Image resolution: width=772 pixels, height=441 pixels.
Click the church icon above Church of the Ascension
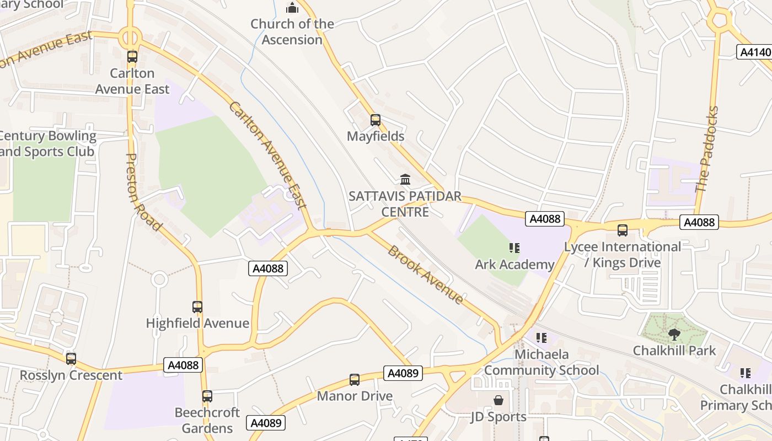(x=292, y=8)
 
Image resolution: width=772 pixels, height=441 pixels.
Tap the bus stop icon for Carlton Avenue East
(x=132, y=56)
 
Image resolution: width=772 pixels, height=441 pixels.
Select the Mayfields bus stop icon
(x=376, y=120)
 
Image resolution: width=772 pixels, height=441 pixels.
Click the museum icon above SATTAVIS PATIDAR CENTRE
(x=405, y=179)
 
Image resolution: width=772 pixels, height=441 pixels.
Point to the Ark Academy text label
(x=514, y=265)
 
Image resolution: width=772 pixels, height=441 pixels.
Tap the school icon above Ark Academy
(x=514, y=248)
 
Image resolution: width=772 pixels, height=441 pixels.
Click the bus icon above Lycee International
(x=623, y=230)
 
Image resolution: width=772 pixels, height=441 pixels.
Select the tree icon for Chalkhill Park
(x=674, y=334)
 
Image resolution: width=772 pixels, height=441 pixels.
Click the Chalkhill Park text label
(x=674, y=351)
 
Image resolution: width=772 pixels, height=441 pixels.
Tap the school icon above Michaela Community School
(x=541, y=337)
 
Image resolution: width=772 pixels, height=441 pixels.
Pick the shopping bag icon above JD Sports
(x=498, y=400)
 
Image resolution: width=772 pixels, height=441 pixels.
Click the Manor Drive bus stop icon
(x=355, y=380)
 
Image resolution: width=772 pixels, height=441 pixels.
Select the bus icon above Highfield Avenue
(x=197, y=307)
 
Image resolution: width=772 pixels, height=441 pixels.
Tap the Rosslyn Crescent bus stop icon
(x=71, y=359)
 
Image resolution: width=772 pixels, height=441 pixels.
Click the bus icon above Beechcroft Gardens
(x=207, y=396)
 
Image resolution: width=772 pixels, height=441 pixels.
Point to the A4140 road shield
(x=754, y=52)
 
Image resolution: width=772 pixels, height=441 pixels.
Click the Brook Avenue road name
(x=425, y=275)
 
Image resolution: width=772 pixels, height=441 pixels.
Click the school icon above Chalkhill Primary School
(x=746, y=373)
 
